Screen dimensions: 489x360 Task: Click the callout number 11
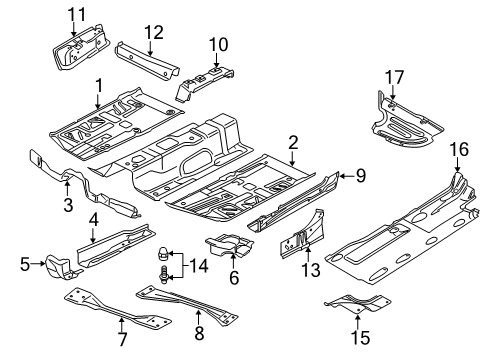coord(77,15)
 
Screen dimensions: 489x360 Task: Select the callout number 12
coord(154,32)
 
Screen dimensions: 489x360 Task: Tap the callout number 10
coord(218,44)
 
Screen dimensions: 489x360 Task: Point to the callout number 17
coord(395,77)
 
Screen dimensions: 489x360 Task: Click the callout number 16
coord(459,149)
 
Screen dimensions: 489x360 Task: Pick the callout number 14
coord(199,266)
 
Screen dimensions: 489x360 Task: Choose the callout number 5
coord(25,265)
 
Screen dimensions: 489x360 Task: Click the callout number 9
coord(361,175)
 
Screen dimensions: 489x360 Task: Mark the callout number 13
coord(311,269)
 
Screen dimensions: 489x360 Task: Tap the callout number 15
coord(360,337)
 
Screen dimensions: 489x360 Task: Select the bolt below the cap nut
coord(164,275)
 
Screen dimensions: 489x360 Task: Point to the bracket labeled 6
coord(228,245)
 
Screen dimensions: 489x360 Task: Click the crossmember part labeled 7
coord(117,308)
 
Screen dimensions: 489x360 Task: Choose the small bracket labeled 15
coord(358,304)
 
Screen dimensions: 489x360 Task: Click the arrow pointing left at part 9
coord(346,175)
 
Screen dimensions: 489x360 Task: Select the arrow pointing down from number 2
coord(292,159)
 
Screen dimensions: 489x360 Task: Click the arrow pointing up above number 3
coord(67,188)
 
